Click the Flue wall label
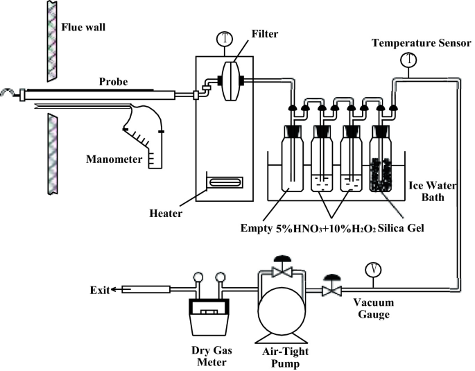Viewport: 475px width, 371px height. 83,27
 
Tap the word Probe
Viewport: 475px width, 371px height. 113,81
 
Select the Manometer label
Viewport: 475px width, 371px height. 114,159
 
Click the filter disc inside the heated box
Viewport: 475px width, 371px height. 231,81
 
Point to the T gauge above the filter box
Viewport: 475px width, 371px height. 225,39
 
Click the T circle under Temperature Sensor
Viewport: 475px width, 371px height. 408,60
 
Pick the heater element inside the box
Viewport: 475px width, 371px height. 225,182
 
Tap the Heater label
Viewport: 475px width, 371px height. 166,214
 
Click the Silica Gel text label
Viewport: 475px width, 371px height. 401,228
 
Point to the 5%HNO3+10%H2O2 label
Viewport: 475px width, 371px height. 326,229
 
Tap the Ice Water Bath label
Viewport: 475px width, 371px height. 433,191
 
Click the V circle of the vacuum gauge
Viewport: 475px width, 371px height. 373,270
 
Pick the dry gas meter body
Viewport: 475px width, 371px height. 209,316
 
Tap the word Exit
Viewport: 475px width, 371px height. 100,290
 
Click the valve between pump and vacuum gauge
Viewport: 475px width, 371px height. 332,286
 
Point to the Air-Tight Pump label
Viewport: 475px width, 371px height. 286,357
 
